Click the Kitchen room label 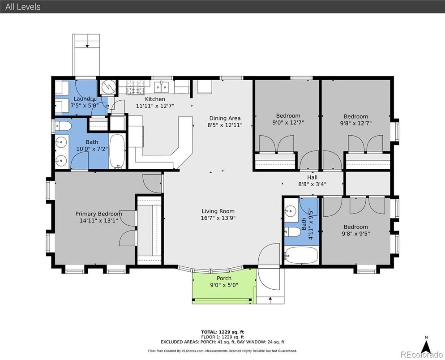(155, 99)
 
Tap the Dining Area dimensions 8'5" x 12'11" (225, 125)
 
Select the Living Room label (218, 211)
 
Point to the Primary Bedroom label (99, 214)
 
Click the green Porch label (224, 278)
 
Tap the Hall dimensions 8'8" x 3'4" (312, 184)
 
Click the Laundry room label (85, 99)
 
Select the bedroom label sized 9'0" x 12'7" (288, 116)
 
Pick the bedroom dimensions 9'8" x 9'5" (356, 234)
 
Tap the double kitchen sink (161, 87)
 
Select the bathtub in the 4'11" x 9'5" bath (301, 255)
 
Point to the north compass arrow (426, 347)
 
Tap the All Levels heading (23, 7)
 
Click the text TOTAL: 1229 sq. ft (222, 332)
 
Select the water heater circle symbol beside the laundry (108, 86)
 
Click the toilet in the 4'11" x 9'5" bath (293, 232)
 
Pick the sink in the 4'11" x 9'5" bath (290, 210)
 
